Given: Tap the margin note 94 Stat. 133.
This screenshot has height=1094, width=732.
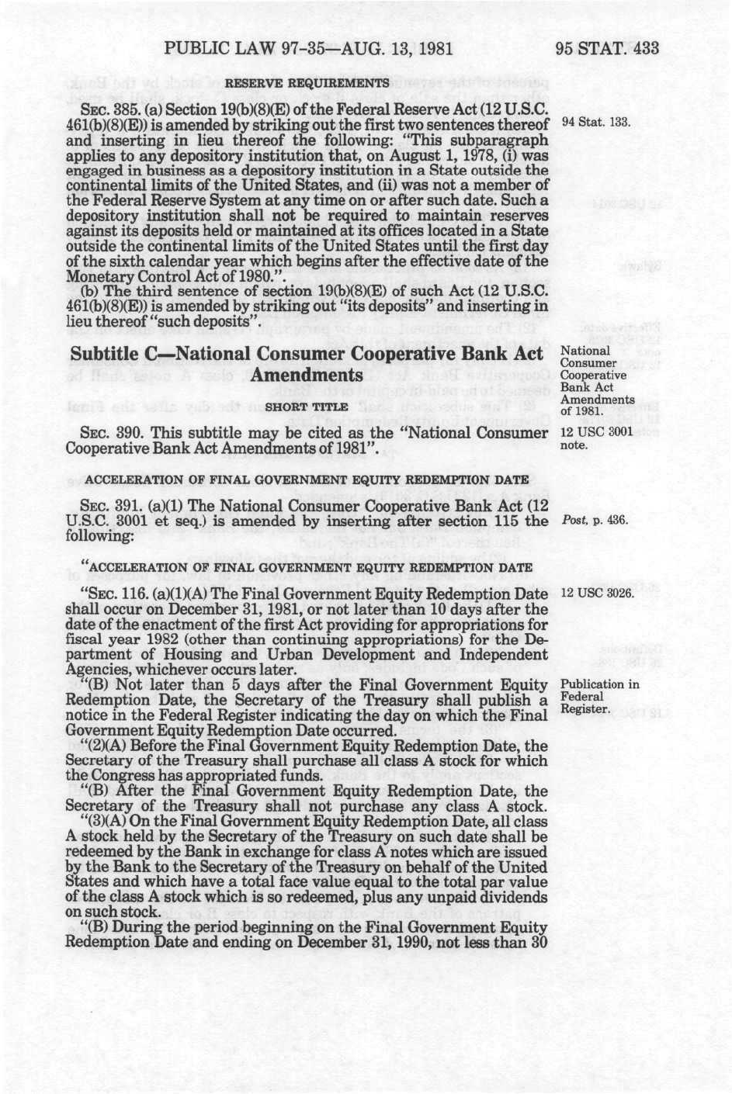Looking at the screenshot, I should coord(596,123).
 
